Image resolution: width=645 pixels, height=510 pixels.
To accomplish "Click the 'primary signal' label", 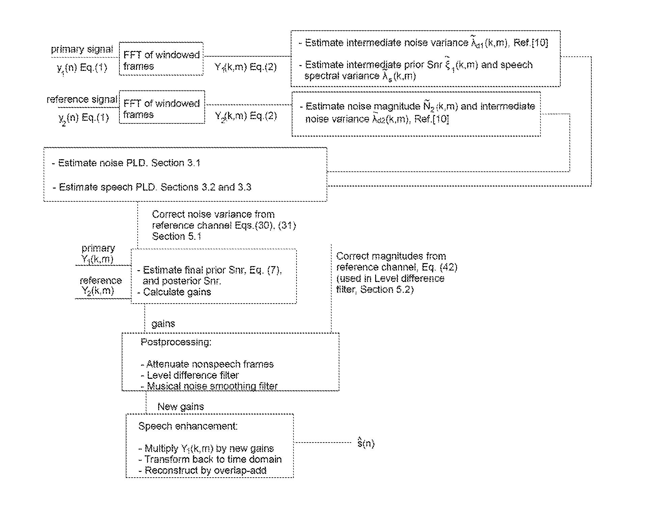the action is (82, 49).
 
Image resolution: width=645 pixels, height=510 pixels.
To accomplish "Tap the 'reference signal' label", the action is (82, 99).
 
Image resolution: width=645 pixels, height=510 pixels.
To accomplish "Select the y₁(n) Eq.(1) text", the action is (82, 68).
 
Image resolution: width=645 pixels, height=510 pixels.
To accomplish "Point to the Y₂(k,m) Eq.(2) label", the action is (246, 116).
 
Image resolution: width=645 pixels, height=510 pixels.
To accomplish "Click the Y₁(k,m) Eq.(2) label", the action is (246, 67).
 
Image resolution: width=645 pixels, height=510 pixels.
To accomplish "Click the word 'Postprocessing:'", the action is (176, 342).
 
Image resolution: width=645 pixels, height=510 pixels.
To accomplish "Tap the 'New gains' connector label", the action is (181, 406).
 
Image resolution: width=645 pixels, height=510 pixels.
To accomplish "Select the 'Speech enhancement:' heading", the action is (188, 426).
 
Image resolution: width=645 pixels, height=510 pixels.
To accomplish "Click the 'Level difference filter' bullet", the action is (190, 375).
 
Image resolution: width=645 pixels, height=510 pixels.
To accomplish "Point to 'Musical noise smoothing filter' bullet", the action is (209, 386).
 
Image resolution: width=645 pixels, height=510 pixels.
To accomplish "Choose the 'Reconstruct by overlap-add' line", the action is (202, 470).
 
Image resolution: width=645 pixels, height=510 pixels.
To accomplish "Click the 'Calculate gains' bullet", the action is (174, 292).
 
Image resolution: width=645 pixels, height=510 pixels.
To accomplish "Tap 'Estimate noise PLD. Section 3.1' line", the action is (126, 163).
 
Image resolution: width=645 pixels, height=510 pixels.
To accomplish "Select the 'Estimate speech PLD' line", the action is (152, 187).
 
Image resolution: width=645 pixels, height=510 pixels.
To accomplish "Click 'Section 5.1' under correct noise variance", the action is (177, 236).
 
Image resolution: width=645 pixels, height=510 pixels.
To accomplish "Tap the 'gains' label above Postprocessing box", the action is (163, 324).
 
